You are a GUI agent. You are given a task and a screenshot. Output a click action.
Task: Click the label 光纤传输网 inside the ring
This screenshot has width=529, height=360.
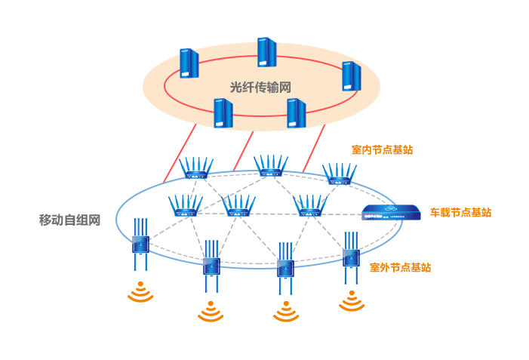[260, 87]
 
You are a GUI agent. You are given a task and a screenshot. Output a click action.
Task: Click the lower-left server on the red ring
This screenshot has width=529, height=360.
[223, 112]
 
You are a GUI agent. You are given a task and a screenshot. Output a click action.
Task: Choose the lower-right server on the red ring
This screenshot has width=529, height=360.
[296, 112]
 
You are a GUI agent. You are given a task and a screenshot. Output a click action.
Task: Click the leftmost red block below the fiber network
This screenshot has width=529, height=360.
[183, 149]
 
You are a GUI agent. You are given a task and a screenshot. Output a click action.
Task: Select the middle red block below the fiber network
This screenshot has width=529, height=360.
[247, 149]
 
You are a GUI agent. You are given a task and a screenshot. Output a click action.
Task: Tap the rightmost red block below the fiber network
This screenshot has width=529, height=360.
[318, 149]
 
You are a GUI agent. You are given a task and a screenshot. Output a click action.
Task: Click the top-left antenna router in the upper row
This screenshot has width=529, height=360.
[196, 169]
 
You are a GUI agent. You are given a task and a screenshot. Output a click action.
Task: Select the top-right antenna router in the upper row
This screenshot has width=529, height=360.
[339, 174]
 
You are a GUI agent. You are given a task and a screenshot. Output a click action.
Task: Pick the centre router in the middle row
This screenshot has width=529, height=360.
[238, 206]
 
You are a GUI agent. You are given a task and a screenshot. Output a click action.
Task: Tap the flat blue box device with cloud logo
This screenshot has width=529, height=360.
[391, 211]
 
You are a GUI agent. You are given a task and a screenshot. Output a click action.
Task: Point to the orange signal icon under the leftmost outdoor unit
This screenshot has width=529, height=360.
[138, 292]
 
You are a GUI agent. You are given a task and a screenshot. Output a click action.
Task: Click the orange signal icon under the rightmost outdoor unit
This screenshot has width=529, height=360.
[352, 301]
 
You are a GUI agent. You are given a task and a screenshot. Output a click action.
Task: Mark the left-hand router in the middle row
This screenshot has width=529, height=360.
[184, 206]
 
